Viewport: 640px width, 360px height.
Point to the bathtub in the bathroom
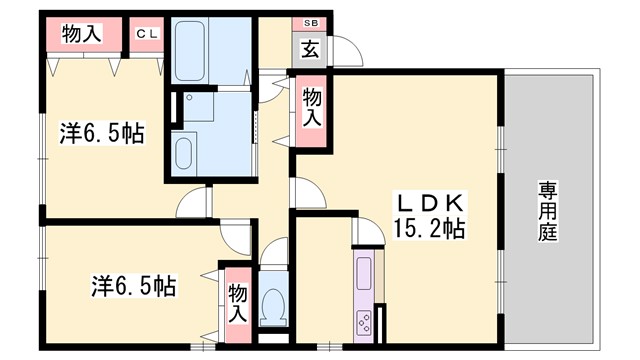pos(190,50)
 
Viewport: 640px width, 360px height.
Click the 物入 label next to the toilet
pos(237,303)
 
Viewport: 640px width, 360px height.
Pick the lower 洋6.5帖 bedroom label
pos(130,287)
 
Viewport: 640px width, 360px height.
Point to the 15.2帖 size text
pos(430,228)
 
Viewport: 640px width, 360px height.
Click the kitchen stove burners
pos(364,322)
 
